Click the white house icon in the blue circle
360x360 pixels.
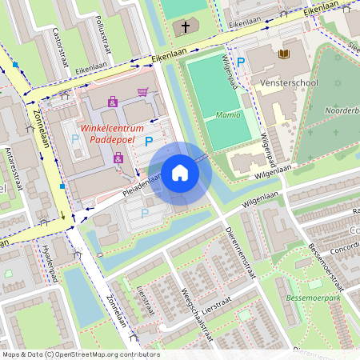click(x=180, y=174)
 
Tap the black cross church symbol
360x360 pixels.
click(x=186, y=27)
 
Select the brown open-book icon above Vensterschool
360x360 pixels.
click(x=282, y=54)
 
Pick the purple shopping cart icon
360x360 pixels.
click(x=142, y=91)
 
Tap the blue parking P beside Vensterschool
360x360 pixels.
click(x=240, y=62)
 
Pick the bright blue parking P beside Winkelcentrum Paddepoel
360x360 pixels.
click(x=148, y=142)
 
